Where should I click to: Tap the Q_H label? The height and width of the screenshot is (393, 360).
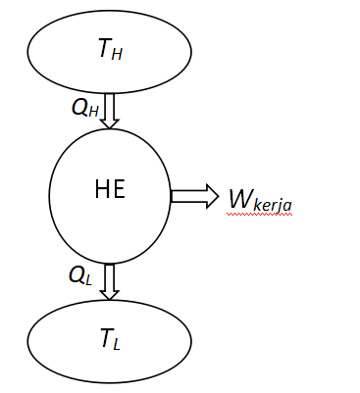coord(84,107)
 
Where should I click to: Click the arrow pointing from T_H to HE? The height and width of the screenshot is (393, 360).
coord(110,110)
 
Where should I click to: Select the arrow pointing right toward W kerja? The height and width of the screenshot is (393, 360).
coord(194,196)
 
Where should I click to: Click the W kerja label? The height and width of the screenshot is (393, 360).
coord(259,200)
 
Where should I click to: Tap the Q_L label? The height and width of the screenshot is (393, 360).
coord(80,275)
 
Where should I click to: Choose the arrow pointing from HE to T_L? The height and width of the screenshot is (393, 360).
coord(110,280)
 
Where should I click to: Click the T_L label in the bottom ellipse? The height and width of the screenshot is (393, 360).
coord(109,340)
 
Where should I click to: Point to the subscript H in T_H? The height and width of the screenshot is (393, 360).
coord(118,55)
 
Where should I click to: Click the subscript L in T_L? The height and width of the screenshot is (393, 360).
coord(116,344)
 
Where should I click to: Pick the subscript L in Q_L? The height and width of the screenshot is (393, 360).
coord(88,279)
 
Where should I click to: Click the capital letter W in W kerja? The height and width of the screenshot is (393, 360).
coord(240,198)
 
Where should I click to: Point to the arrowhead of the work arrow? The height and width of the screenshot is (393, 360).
coord(210,196)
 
